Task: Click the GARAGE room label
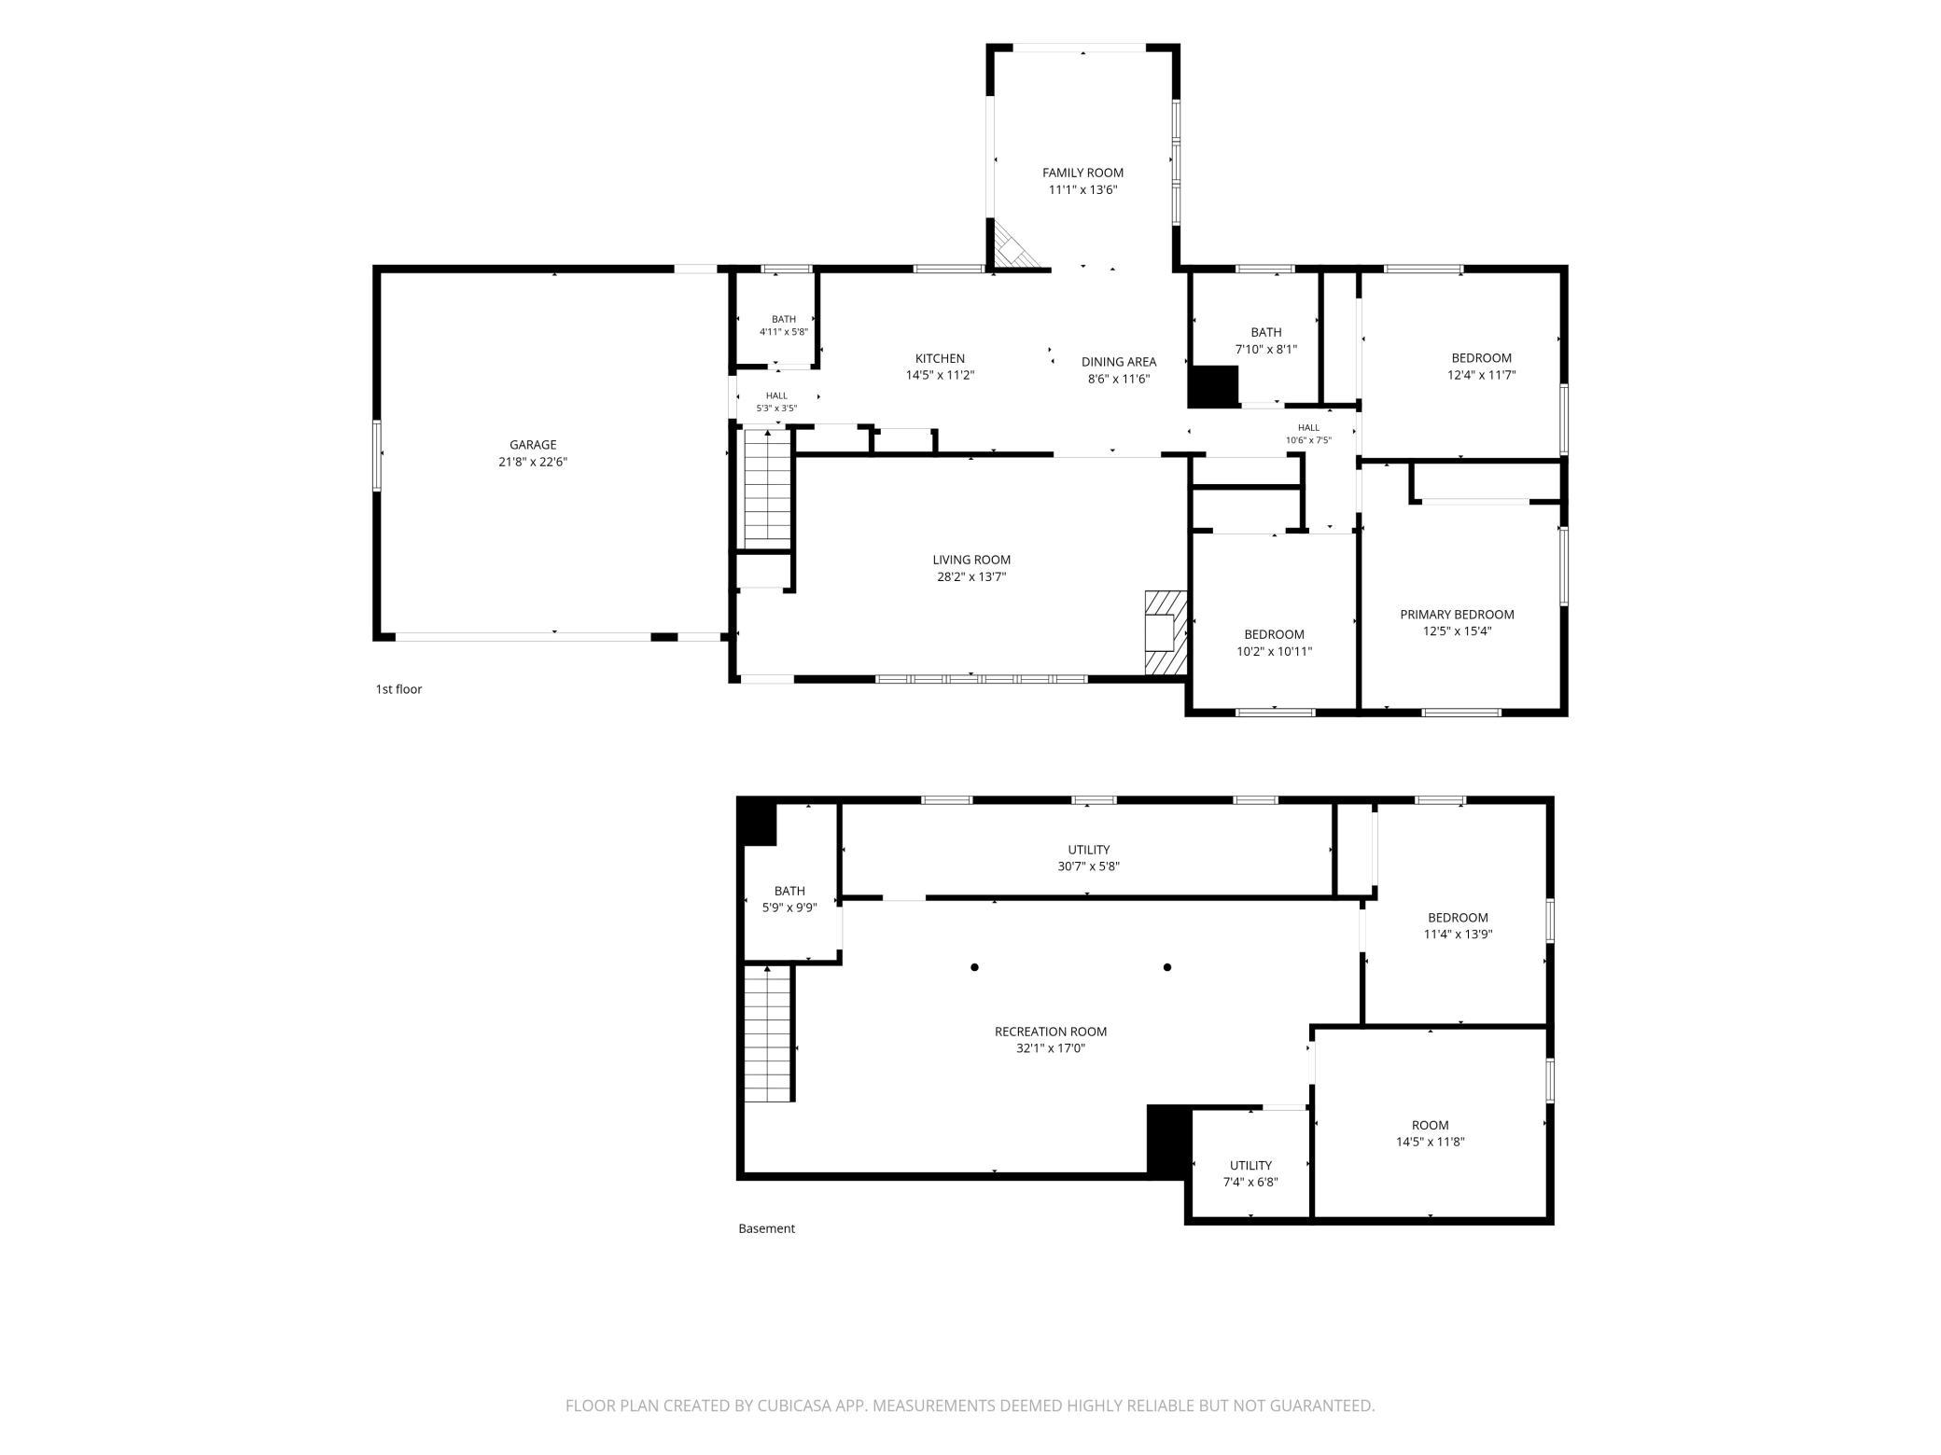(533, 445)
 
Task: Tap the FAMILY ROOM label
(1082, 173)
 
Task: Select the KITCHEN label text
(940, 358)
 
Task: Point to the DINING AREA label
(1119, 362)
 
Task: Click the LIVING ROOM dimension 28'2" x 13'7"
(971, 577)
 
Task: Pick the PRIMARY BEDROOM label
(1457, 615)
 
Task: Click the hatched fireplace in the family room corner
(1013, 244)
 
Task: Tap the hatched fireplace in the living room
(1166, 632)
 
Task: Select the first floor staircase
(768, 488)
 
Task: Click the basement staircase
(768, 1034)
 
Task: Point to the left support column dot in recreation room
(974, 967)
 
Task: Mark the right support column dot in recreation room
(1166, 967)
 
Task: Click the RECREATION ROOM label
(1051, 1032)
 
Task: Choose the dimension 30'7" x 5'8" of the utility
(1088, 866)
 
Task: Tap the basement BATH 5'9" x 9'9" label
(789, 899)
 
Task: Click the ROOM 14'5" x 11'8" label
(1430, 1133)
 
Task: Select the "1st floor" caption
(398, 689)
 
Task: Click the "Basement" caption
(766, 1228)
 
